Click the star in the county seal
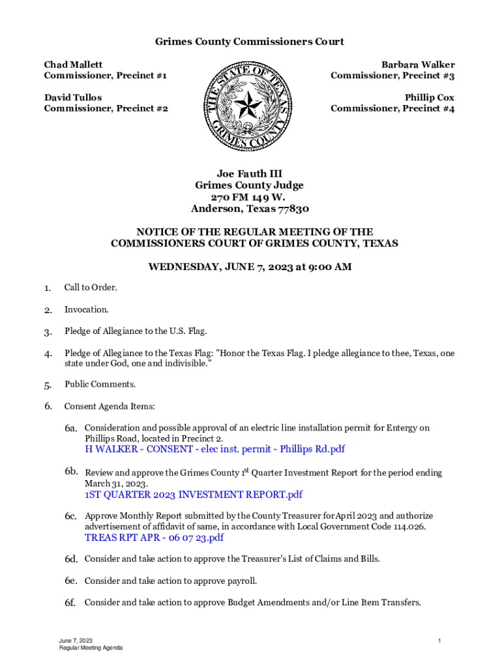coord(247,105)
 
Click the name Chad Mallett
coord(73,65)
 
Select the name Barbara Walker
coord(418,65)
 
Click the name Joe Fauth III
coord(249,174)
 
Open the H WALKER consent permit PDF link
coord(214,449)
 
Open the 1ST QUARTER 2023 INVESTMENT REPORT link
coord(194,494)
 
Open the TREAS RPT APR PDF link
coord(154,538)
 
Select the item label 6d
coord(71,559)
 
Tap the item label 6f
coord(71,603)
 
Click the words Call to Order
coord(90,288)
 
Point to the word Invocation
coord(86,309)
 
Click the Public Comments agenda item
coord(99,384)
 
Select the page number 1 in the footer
coord(440,641)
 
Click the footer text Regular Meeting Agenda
coord(91,648)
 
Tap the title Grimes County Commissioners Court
coord(249,42)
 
